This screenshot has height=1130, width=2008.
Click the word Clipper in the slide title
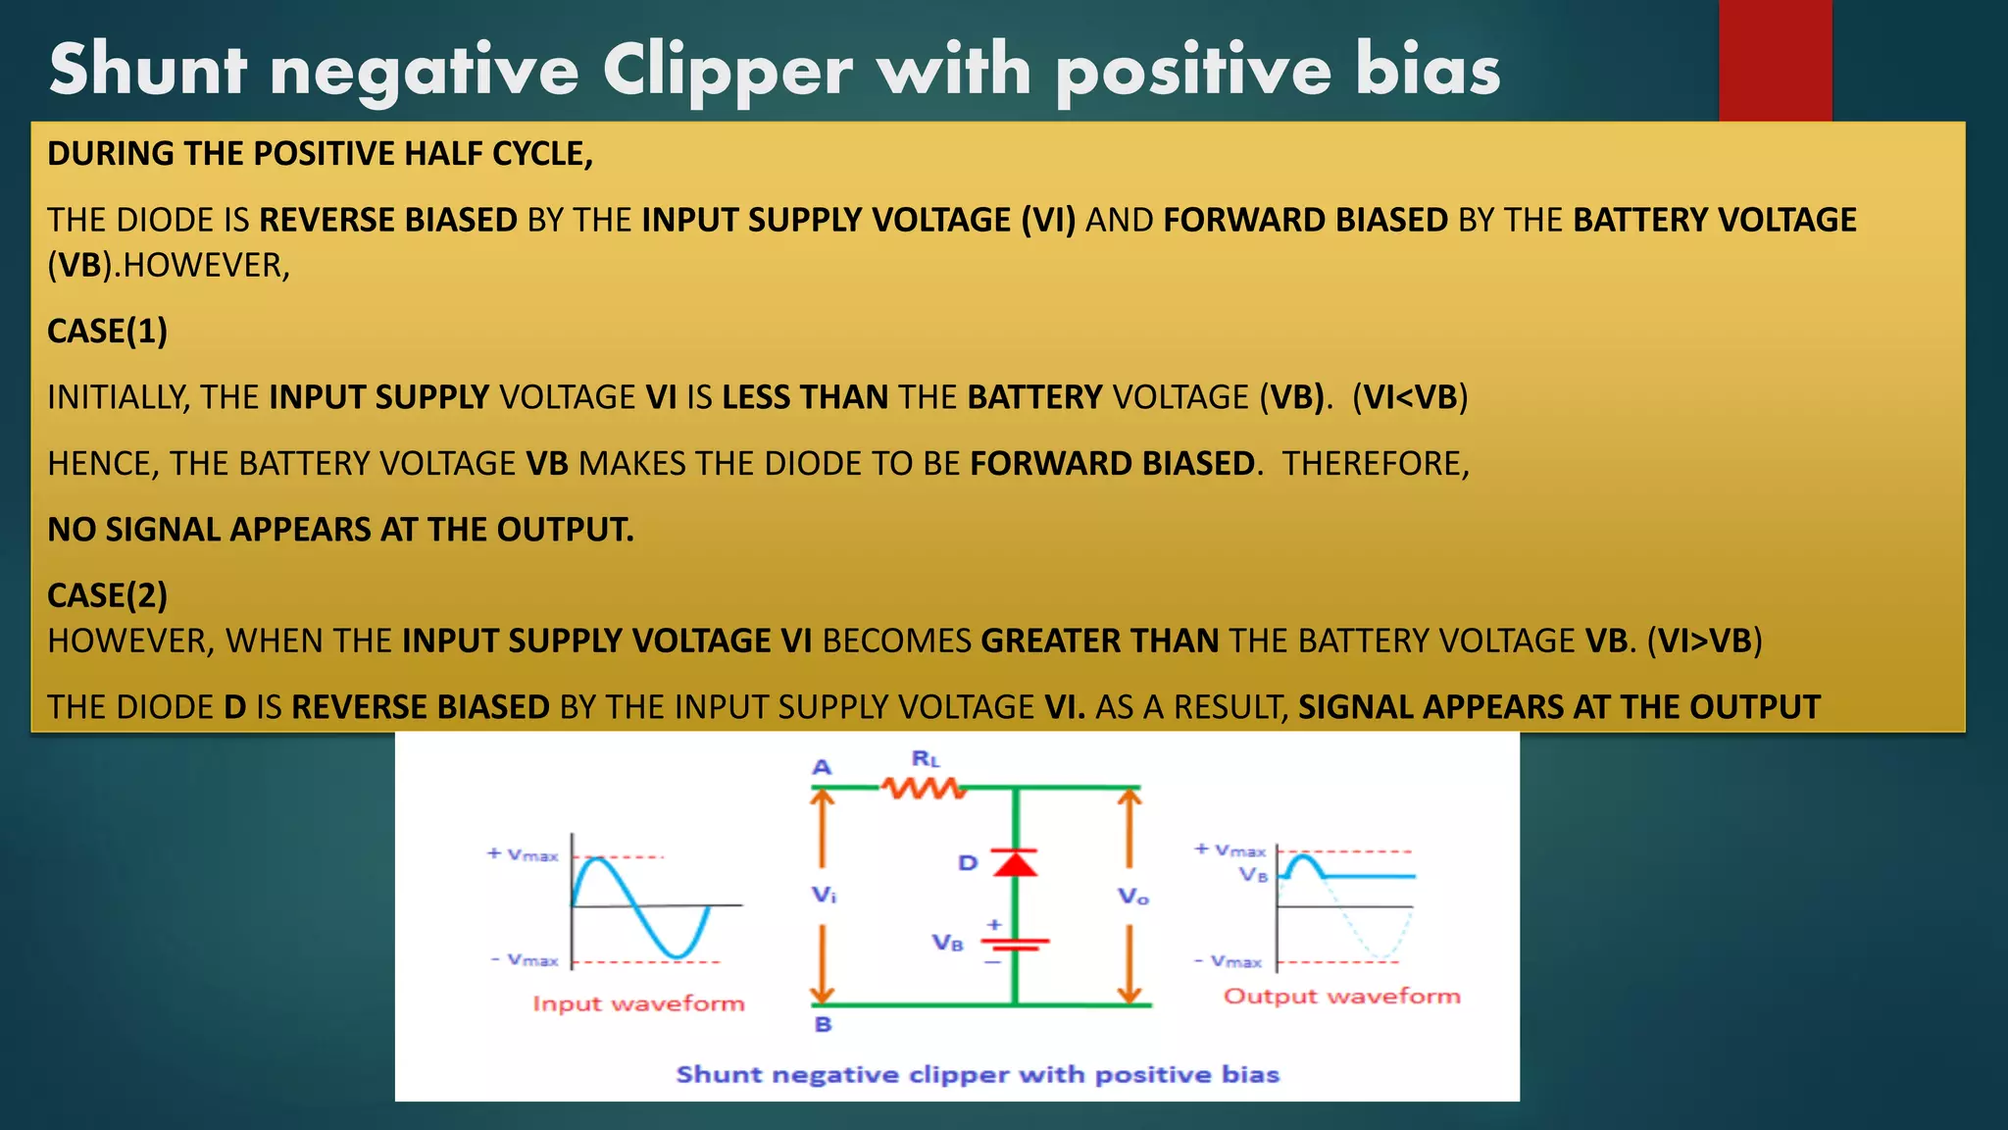point(727,71)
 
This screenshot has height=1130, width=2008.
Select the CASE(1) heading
point(108,332)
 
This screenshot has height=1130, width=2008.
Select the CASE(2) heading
point(108,595)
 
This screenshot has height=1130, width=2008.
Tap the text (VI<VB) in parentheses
point(1410,397)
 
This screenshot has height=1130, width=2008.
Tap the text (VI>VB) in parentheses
point(1704,642)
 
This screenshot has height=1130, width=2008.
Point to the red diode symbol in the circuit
point(1015,863)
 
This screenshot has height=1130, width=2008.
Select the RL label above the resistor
point(926,759)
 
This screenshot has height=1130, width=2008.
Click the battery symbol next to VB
point(1015,944)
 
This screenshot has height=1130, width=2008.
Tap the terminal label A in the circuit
point(822,767)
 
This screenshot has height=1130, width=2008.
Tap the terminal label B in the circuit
point(823,1024)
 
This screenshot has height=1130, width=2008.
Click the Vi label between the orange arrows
point(824,895)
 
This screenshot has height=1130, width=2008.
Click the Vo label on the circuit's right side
point(1132,897)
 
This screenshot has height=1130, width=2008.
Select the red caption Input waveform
point(638,1003)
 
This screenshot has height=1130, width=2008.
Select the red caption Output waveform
point(1341,997)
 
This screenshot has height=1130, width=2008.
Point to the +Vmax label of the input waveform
point(523,854)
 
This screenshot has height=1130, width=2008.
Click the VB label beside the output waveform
point(1253,874)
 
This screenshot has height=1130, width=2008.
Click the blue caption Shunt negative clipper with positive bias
point(978,1074)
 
